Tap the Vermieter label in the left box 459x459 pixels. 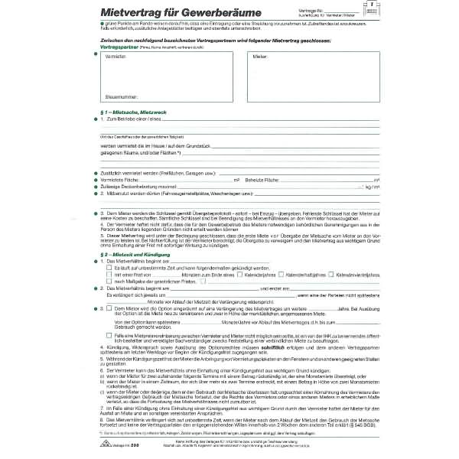click(x=116, y=57)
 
